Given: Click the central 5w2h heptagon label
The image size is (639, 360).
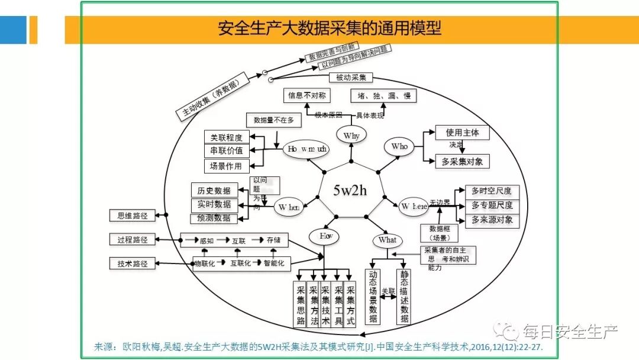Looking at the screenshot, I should pyautogui.click(x=350, y=191).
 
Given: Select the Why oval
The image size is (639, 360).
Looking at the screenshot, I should pyautogui.click(x=351, y=136).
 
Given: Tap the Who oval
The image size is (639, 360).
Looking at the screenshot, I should pyautogui.click(x=399, y=146).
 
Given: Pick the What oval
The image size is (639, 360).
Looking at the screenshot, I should pyautogui.click(x=387, y=240).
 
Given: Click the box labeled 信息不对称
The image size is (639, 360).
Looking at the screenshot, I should pyautogui.click(x=306, y=95).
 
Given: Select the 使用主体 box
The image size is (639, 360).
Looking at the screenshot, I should pyautogui.click(x=462, y=132).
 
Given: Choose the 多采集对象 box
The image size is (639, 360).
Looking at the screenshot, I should pyautogui.click(x=462, y=160).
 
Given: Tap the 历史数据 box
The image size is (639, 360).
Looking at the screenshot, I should pyautogui.click(x=214, y=190).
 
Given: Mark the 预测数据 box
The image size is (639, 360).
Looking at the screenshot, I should pyautogui.click(x=214, y=218).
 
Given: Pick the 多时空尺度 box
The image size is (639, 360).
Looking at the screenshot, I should pyautogui.click(x=492, y=191).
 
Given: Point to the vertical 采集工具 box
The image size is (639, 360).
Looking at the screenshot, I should pyautogui.click(x=338, y=304).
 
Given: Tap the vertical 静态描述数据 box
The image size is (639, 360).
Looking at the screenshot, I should pyautogui.click(x=404, y=297).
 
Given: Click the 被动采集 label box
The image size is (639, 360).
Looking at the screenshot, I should pyautogui.click(x=351, y=77).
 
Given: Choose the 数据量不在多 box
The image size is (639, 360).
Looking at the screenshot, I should pyautogui.click(x=273, y=120).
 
